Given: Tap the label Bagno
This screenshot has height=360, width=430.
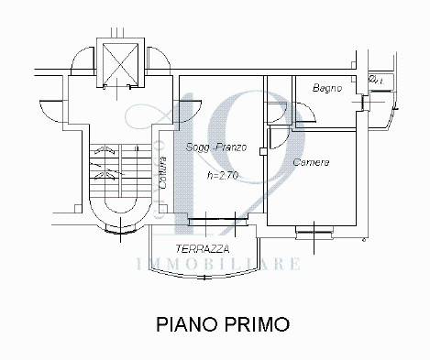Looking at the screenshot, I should point(327,89).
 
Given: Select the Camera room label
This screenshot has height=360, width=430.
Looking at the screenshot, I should point(311,162).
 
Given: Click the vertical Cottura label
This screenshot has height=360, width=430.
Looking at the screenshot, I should point(162,174).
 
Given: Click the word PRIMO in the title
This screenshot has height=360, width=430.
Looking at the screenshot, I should point(260,324).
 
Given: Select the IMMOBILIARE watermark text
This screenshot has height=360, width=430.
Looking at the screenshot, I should point(216,264).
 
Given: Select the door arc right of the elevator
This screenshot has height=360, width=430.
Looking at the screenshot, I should point(156,59).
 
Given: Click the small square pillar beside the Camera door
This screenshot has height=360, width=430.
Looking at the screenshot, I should point(263,150).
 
